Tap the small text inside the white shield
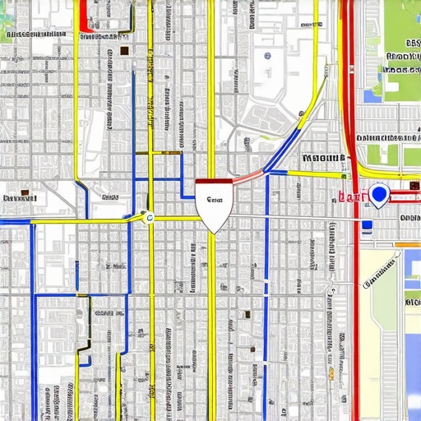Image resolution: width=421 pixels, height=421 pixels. pyautogui.click(x=215, y=200)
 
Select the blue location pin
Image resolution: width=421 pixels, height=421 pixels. pyautogui.click(x=378, y=195)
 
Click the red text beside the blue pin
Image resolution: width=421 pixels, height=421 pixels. pyautogui.click(x=351, y=197)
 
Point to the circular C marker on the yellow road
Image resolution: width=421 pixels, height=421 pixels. pyautogui.click(x=149, y=217)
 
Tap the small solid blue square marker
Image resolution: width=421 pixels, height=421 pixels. pyautogui.click(x=367, y=224)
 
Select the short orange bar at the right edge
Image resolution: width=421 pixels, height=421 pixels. pyautogui.click(x=408, y=244)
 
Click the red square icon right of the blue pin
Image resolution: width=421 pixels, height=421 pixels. pyautogui.click(x=414, y=186)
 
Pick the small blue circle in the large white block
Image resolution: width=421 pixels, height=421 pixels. pyautogui.click(x=267, y=56)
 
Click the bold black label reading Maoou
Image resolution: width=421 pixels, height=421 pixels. pyautogui.click(x=323, y=158)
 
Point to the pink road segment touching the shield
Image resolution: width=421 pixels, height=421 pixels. pyautogui.click(x=247, y=177)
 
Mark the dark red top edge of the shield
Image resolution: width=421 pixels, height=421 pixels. pyautogui.click(x=214, y=183)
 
